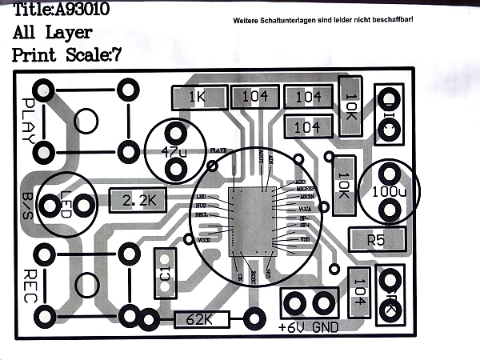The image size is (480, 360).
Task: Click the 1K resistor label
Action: pos(196,98)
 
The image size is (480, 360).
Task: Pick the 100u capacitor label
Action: pos(389,192)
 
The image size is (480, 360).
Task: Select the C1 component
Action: pos(165,272)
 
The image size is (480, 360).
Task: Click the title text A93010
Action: pos(80,11)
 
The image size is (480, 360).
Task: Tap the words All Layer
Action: pos(53,34)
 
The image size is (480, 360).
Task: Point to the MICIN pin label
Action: pos(306,195)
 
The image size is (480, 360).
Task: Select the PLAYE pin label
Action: pos(218,150)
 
